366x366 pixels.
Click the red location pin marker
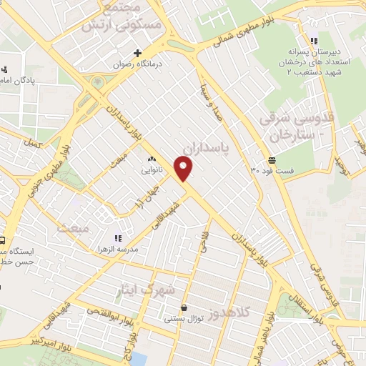tap(184, 169)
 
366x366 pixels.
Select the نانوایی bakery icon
tap(151, 159)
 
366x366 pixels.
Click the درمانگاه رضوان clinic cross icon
tap(138, 52)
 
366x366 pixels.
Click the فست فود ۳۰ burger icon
tap(272, 160)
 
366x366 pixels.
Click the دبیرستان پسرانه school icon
tap(313, 41)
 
